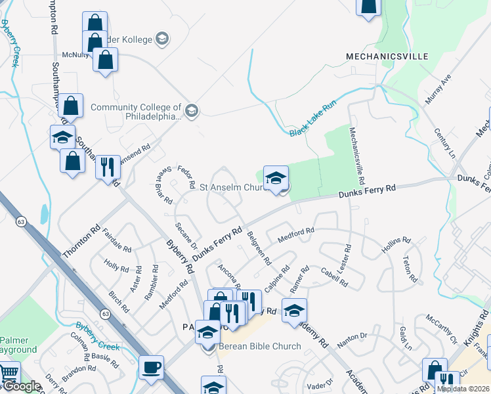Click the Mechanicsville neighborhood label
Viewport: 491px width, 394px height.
tap(387, 57)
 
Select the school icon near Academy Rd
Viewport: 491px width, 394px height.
tap(294, 310)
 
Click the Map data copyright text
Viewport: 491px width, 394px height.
tap(463, 389)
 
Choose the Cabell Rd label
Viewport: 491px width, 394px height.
tap(334, 276)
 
